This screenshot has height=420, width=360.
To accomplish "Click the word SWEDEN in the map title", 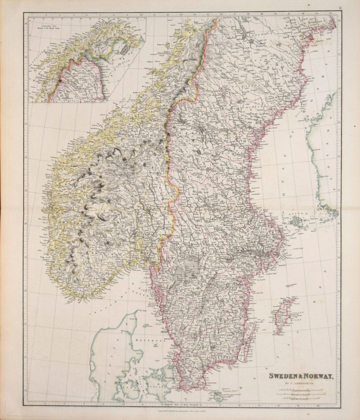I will (x=281, y=376).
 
